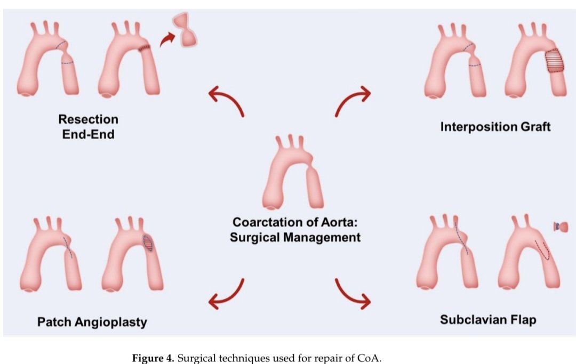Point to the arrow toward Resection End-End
pyautogui.click(x=226, y=102)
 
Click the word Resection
pyautogui.click(x=88, y=119)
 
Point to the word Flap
pyautogui.click(x=524, y=320)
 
